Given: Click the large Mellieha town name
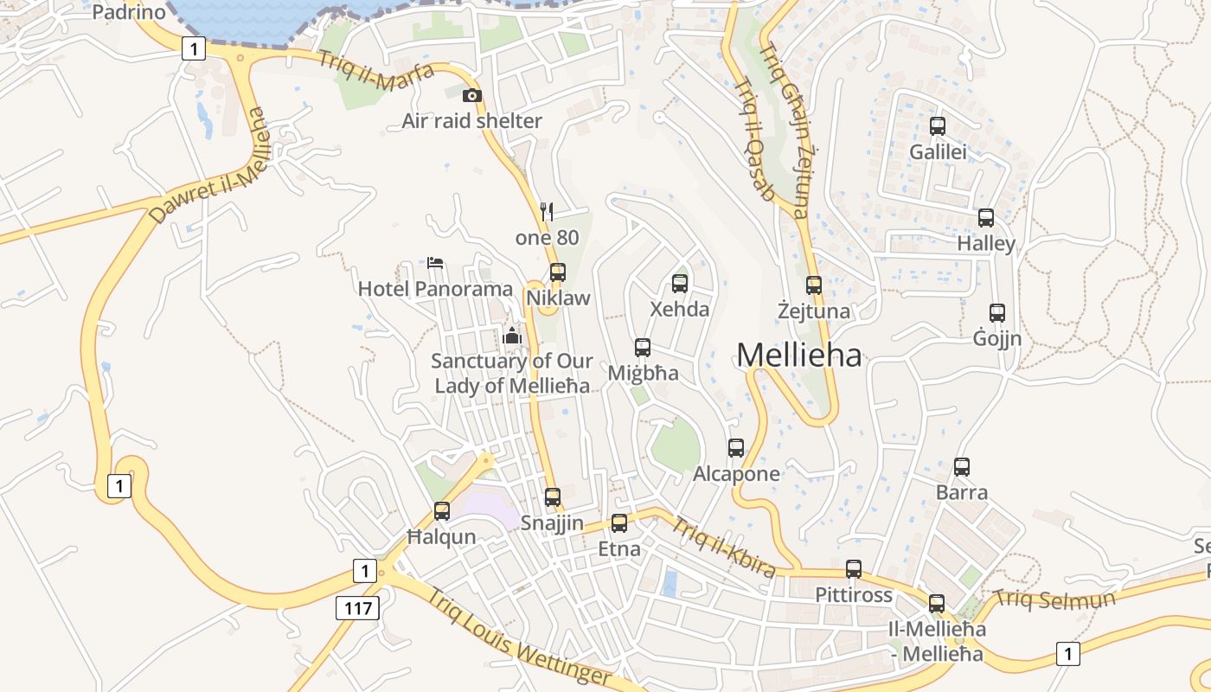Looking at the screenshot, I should [x=798, y=355].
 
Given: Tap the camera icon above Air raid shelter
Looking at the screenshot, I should [x=471, y=95].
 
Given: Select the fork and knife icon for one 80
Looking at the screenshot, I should [x=547, y=211].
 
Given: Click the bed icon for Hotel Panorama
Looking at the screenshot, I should [x=435, y=262].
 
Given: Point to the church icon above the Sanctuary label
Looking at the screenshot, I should [x=512, y=335].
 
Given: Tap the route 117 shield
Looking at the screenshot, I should [x=357, y=608].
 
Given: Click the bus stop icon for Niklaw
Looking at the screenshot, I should [x=558, y=272].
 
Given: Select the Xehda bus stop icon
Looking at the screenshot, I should [x=680, y=283].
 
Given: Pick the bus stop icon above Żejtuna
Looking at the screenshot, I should [x=814, y=285].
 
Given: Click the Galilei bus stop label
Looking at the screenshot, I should [x=938, y=152].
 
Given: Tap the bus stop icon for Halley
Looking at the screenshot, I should [x=986, y=218].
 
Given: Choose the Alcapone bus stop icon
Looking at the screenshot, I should [x=736, y=448].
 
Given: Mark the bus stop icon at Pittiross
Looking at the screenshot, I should [x=854, y=569].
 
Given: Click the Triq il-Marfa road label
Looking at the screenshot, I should [x=375, y=71].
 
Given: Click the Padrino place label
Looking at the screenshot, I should [x=128, y=12].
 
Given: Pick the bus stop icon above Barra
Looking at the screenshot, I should [x=962, y=467].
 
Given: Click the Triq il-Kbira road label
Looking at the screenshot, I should [x=723, y=547].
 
